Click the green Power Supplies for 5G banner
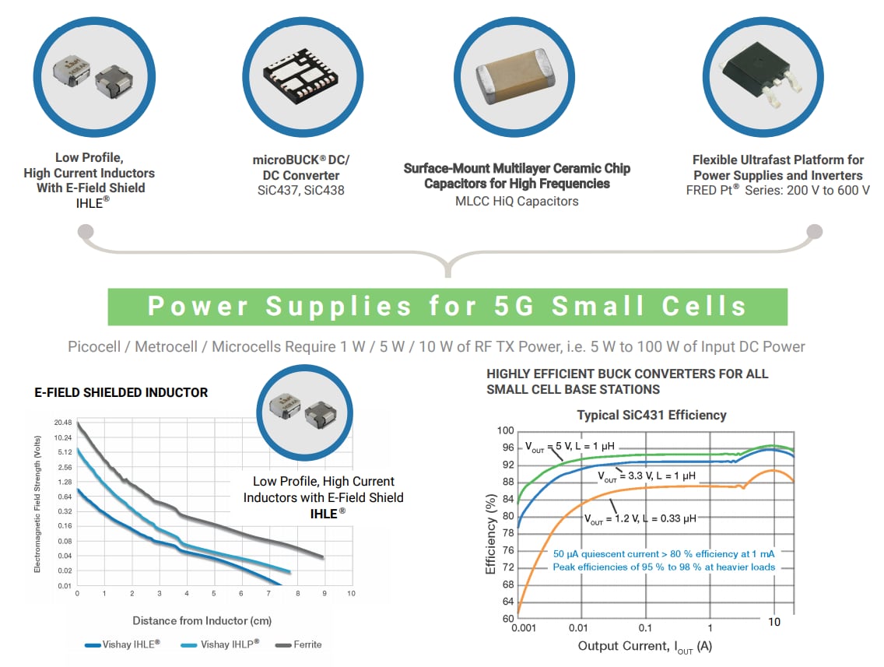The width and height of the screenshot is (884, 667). (447, 307)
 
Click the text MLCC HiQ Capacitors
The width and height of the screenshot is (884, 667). (517, 201)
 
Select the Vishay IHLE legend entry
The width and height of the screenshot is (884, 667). (122, 644)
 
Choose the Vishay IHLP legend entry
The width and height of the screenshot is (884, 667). (219, 644)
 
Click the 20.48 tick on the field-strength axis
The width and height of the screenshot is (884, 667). (62, 422)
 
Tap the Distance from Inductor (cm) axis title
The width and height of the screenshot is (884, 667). (202, 620)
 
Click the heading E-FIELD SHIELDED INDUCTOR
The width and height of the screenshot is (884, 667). (121, 392)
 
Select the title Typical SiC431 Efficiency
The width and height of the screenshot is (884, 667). (651, 415)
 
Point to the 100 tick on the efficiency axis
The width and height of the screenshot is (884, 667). (506, 430)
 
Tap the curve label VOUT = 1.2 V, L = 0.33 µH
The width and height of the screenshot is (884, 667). (640, 518)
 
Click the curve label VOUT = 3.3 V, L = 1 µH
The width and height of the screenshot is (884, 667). (646, 475)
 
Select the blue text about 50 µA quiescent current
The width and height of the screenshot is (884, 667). (664, 553)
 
